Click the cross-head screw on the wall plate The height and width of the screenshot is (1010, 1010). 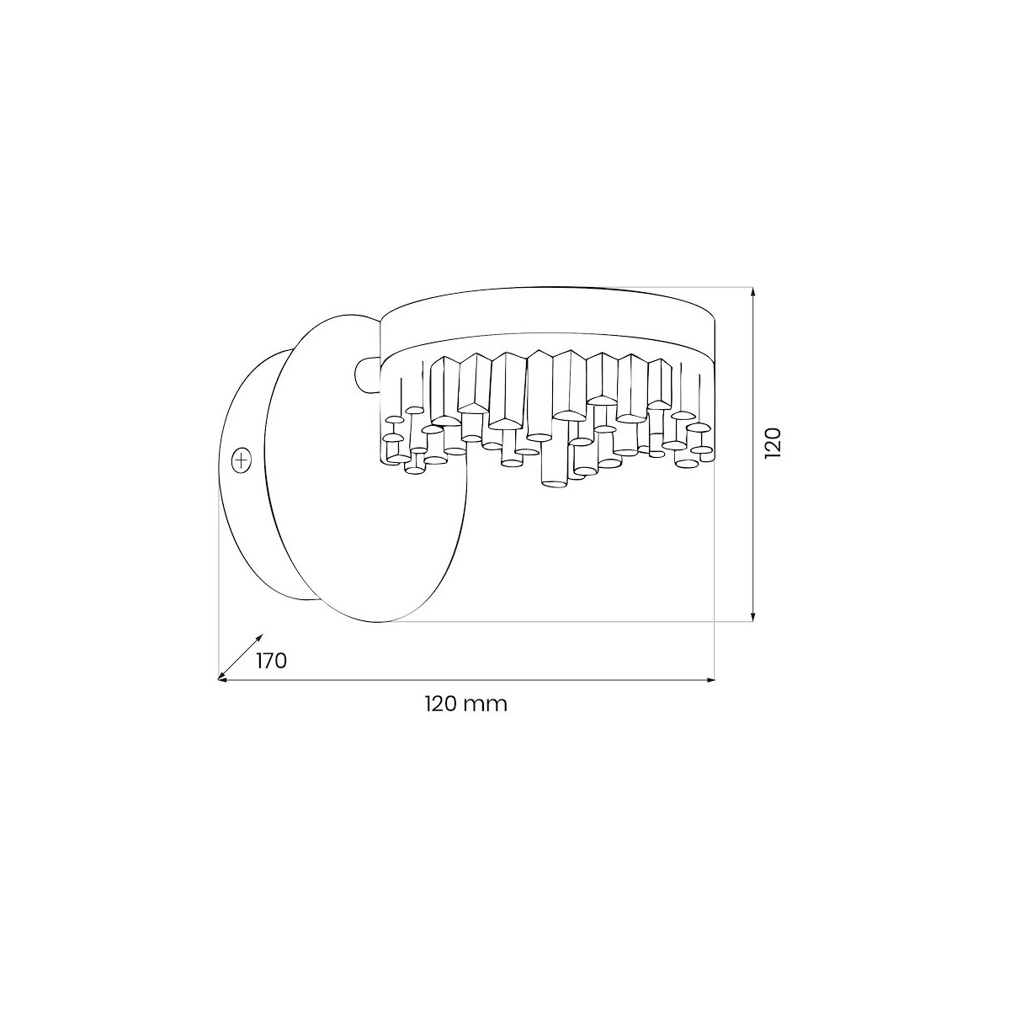tap(241, 460)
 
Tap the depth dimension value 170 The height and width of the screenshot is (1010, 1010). tap(272, 661)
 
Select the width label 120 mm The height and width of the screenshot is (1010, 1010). tap(466, 704)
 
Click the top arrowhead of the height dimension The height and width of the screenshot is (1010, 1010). tap(752, 291)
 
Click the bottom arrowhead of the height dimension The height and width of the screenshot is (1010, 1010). tap(752, 617)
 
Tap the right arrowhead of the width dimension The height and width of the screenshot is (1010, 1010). tap(710, 680)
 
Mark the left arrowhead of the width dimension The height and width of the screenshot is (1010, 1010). tap(222, 680)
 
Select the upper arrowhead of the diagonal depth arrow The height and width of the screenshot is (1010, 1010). tap(259, 637)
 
